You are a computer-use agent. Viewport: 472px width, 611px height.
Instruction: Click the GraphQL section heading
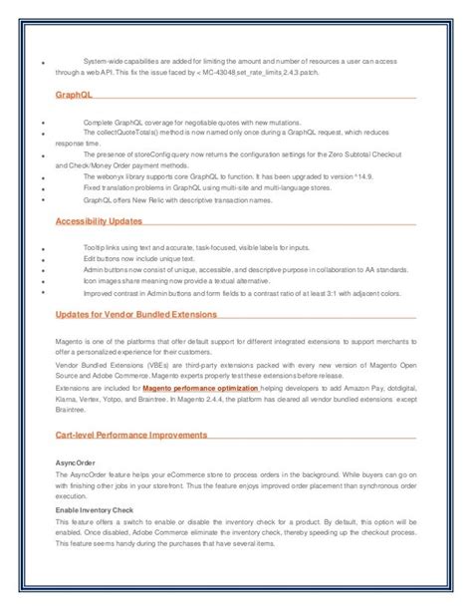[x=74, y=95]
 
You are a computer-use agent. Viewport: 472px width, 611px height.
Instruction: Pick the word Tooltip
[x=97, y=246]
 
